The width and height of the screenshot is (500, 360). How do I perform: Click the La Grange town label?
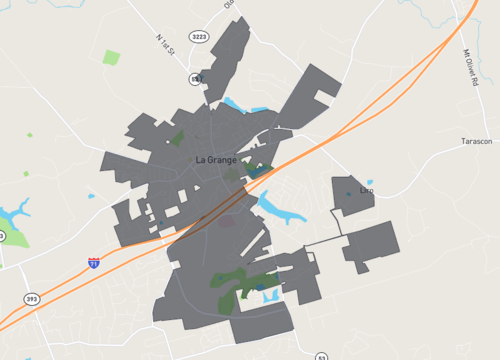click(x=215, y=159)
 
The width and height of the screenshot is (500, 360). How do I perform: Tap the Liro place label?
click(x=366, y=190)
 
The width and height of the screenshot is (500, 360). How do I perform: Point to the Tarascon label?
click(x=476, y=142)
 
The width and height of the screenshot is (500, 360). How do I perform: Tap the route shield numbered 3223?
click(x=200, y=37)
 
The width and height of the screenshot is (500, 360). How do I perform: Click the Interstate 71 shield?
click(x=94, y=263)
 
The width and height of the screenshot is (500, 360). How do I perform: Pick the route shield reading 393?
click(x=31, y=298)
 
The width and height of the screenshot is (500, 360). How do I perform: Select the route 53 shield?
click(x=321, y=356)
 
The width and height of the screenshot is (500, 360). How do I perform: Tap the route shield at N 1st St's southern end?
click(x=196, y=78)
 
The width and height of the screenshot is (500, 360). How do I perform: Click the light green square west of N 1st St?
click(x=111, y=57)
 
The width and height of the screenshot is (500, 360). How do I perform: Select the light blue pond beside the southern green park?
click(x=261, y=288)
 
